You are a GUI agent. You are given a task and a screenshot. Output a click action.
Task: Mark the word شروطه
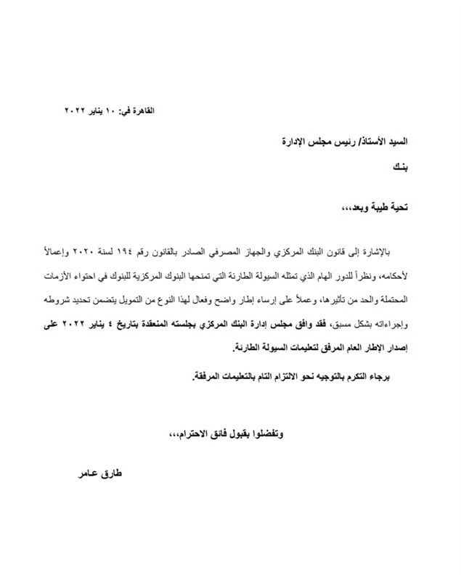coord(60,300)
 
